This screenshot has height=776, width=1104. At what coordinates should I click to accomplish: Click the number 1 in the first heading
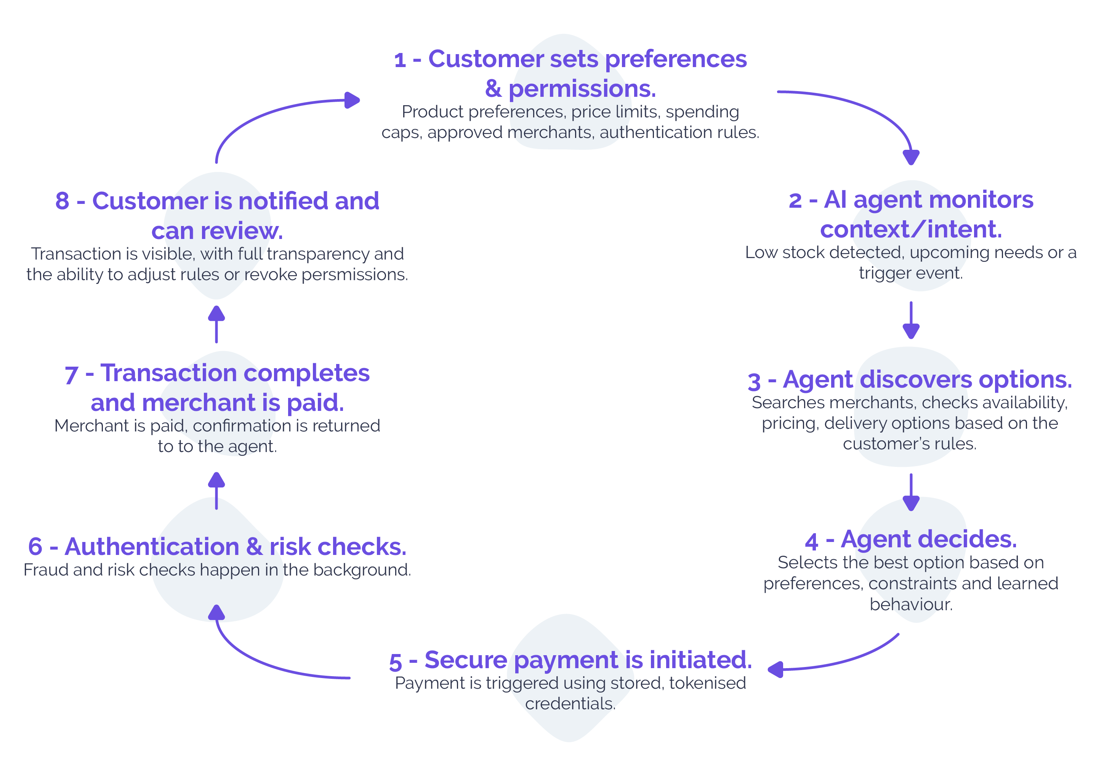click(x=400, y=61)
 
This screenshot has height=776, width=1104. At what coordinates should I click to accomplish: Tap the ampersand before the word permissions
click(x=493, y=88)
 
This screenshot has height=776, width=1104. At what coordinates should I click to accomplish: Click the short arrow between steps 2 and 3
click(x=911, y=320)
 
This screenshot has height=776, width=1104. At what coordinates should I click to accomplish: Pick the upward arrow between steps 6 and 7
click(x=216, y=491)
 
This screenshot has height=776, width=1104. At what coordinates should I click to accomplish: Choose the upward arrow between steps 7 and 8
click(x=216, y=324)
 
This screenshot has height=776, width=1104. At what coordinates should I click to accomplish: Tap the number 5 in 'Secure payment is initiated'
click(x=395, y=662)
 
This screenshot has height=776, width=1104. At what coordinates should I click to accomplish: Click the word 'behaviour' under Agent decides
click(x=910, y=604)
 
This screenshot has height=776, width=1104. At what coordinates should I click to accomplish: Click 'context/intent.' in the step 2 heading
click(x=911, y=229)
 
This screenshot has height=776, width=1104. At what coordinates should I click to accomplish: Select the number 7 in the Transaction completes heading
click(x=71, y=375)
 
